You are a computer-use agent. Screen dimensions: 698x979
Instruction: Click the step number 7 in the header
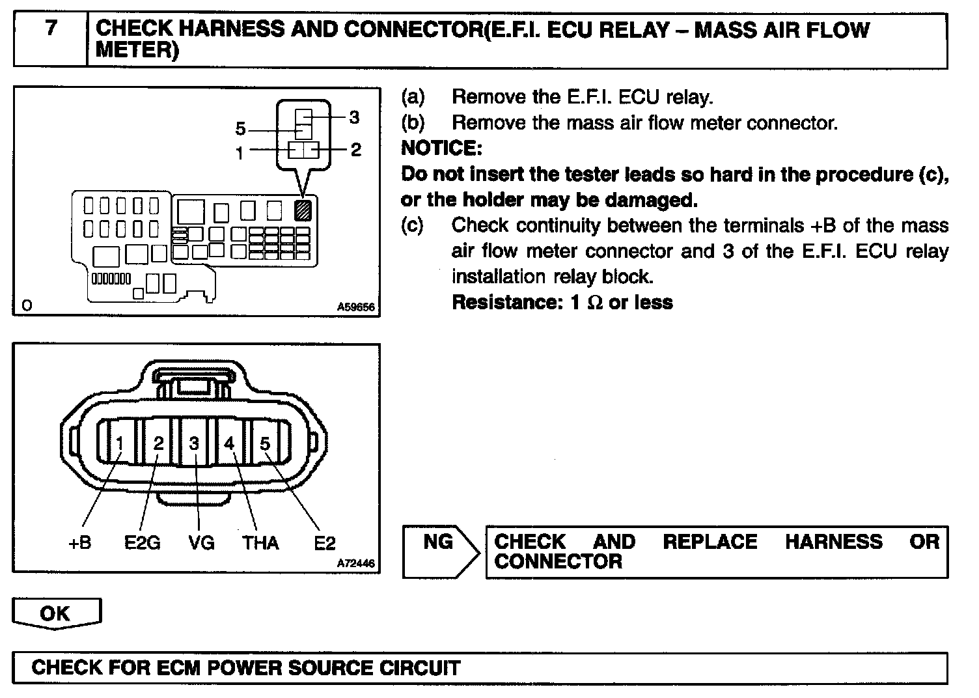click(50, 29)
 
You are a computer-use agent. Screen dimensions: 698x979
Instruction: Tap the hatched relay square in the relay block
click(304, 210)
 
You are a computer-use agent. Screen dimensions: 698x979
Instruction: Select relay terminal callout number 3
click(354, 117)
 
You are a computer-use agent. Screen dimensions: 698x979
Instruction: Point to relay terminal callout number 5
click(241, 129)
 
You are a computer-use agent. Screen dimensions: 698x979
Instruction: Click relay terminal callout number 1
click(240, 153)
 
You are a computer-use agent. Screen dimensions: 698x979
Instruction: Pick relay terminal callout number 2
click(355, 150)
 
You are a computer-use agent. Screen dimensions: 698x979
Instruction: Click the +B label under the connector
click(79, 542)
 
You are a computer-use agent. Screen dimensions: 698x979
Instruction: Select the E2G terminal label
click(142, 542)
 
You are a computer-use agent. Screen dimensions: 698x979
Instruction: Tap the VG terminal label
click(201, 542)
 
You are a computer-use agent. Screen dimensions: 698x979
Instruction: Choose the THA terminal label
click(260, 542)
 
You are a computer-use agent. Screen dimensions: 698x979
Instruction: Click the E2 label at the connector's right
click(324, 542)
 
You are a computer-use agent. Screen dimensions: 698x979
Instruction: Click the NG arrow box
click(439, 550)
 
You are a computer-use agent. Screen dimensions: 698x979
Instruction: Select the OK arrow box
click(56, 614)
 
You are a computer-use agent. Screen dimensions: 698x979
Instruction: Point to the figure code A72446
click(356, 564)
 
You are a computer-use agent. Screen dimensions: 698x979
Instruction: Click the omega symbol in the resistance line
click(595, 303)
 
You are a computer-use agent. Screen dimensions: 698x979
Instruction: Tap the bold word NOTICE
click(441, 148)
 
